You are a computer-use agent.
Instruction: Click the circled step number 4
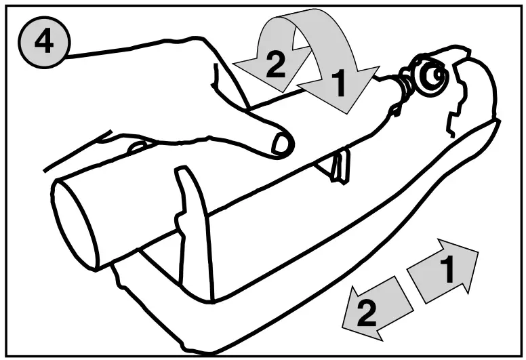tap(43, 43)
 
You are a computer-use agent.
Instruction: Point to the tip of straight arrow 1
tap(477, 252)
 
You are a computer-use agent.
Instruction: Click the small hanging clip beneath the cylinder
tap(341, 166)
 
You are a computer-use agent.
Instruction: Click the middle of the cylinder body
tap(224, 190)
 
